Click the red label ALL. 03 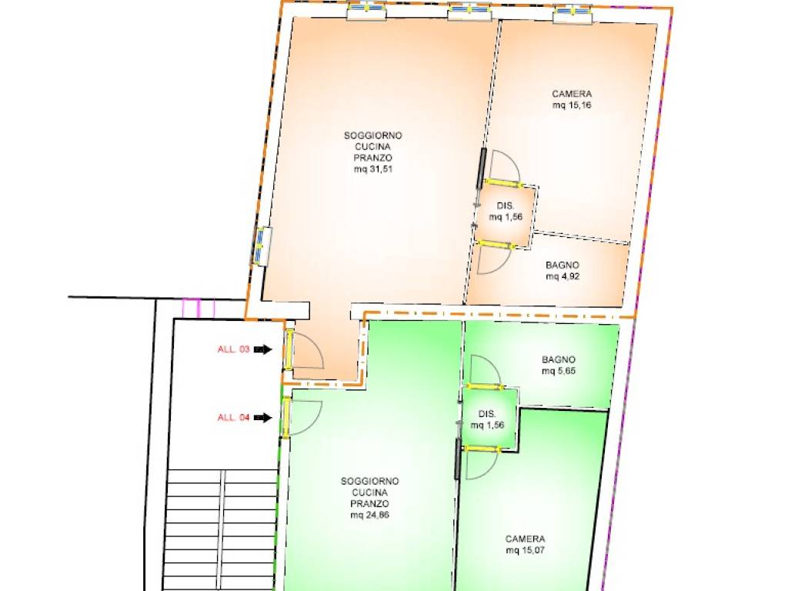[233, 349]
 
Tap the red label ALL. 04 [233, 418]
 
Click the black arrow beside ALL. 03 [263, 349]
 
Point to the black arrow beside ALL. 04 [263, 418]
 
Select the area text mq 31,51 [373, 169]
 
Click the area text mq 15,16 [572, 105]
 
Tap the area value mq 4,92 [563, 276]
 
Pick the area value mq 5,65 [559, 372]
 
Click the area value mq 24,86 [370, 515]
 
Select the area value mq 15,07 [525, 550]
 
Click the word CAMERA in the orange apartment [572, 94]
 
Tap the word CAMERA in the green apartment [525, 539]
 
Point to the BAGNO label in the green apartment [559, 360]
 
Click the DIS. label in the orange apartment [506, 206]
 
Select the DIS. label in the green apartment [487, 414]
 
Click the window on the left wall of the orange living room [262, 246]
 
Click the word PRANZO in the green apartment [370, 503]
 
